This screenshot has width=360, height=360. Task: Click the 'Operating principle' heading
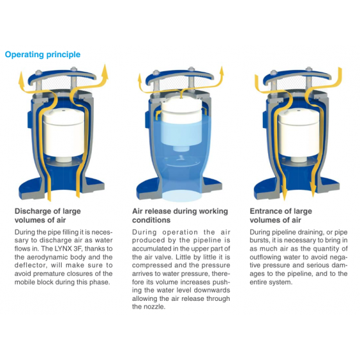coord(42,55)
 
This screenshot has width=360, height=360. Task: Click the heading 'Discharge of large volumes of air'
coord(48,215)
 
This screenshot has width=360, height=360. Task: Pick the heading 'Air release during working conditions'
coord(180,215)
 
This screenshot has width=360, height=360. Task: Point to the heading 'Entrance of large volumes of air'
coord(281,215)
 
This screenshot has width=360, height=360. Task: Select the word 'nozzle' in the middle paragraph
coord(155,307)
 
